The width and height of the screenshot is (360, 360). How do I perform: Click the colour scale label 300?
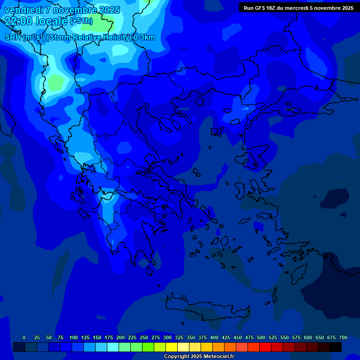coord(167,337)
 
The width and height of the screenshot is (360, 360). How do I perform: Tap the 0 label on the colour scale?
coord(24,337)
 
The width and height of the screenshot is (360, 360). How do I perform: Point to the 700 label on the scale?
coord(343,337)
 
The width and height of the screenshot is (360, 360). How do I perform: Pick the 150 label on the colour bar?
coord(97,337)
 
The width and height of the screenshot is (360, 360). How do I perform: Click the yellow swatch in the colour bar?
coord(172,347)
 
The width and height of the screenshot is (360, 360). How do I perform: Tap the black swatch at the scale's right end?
coord(336,347)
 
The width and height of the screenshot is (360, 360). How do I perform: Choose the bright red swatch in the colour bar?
coord(265,347)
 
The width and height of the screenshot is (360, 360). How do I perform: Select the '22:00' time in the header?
coord(18,21)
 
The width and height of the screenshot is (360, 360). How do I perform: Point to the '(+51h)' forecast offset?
coord(81,21)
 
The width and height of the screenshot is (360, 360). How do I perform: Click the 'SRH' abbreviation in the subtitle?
coord(13,37)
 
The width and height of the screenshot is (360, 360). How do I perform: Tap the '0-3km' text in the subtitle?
coord(144,37)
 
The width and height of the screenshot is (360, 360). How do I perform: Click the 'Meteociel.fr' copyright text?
coord(216,357)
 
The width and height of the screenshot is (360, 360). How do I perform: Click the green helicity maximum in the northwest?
coord(56,82)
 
